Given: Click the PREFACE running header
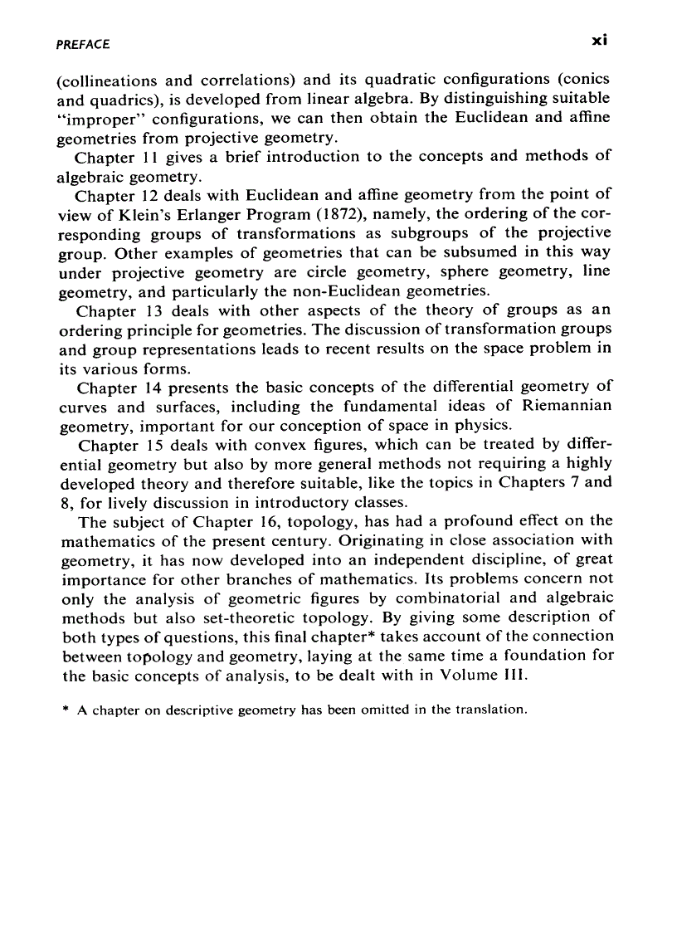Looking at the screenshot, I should [82, 44].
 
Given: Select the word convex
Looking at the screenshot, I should [276, 446].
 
